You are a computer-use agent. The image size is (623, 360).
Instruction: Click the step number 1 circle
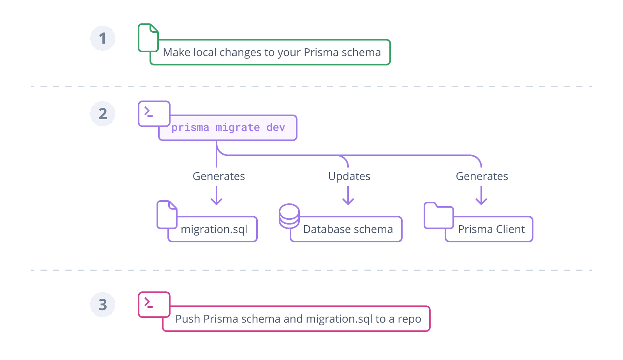coord(103,38)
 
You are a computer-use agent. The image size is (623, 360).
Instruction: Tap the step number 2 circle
coord(103,114)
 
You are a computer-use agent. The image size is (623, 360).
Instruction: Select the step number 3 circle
coord(103,305)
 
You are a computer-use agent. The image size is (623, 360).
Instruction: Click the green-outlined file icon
coord(148,38)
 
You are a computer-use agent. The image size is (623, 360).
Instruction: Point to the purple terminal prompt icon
coord(154,113)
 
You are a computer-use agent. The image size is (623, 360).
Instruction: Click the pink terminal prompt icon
coord(154,304)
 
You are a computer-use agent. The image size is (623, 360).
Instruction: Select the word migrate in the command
coord(238,128)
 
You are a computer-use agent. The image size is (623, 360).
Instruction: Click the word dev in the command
coord(276,128)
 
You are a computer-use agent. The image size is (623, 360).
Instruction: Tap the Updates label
coord(349,176)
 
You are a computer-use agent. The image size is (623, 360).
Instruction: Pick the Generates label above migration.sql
coord(219,176)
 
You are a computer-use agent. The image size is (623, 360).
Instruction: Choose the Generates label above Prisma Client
coord(482,176)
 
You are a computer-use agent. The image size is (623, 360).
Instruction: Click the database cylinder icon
coord(289,216)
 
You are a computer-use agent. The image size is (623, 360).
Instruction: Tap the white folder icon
coord(438,216)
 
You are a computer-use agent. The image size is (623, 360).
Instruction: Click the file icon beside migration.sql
coord(167,215)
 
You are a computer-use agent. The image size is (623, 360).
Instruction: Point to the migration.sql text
coord(214,229)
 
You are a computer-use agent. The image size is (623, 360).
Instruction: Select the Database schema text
coord(348,229)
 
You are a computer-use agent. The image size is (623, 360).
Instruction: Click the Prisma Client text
coord(491,229)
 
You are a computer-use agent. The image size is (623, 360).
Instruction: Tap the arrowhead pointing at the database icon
coord(348,201)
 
